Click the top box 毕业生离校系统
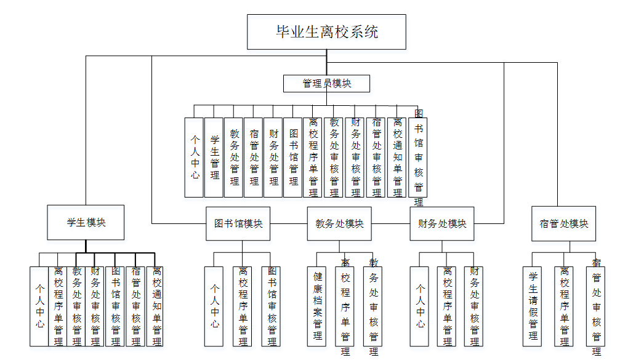pos(326,32)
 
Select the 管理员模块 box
pos(326,84)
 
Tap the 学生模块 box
pos(86,222)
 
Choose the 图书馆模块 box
pos(238,223)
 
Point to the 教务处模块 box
pos(339,223)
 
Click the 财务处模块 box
pos(441,223)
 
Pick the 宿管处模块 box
pos(564,223)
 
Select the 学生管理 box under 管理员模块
pos(214,158)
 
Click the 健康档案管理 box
pos(316,306)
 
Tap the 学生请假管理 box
pos(533,306)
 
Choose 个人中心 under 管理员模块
pos(194,158)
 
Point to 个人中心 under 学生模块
pos(39,306)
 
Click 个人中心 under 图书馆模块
pos(214,306)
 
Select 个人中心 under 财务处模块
pos(419,306)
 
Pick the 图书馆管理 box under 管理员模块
pos(292,158)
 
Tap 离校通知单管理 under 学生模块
pos(155,306)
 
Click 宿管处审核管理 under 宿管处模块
pos(595,306)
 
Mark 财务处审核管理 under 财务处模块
pos(473,306)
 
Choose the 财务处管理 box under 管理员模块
pos(273,158)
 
